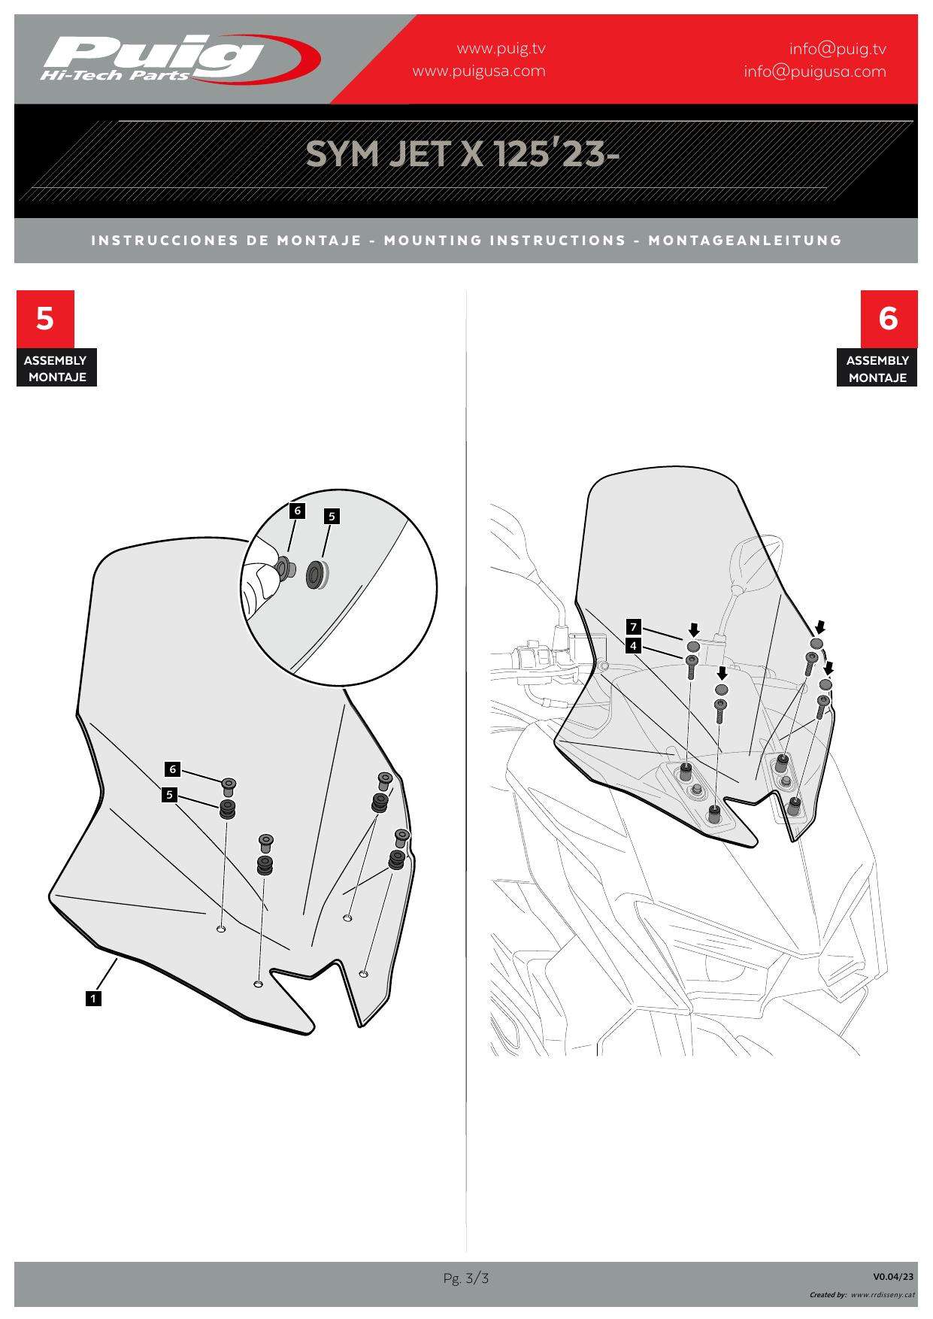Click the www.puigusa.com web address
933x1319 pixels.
479,71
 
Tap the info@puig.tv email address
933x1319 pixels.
838,49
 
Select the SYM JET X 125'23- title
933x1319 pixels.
462,154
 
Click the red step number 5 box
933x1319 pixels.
45,319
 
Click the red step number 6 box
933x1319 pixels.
889,319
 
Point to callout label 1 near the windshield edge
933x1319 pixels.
93,999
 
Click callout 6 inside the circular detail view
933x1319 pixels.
298,511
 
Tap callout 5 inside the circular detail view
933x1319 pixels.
332,516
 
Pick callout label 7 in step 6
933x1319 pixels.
634,626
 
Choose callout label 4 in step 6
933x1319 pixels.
634,645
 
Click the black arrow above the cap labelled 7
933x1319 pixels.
694,629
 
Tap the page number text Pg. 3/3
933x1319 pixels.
466,1278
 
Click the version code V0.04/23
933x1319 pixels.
893,1276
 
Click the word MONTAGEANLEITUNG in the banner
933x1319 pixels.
745,241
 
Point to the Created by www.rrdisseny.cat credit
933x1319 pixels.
862,1295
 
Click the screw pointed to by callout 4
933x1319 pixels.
691,666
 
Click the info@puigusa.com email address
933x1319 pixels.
815,71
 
